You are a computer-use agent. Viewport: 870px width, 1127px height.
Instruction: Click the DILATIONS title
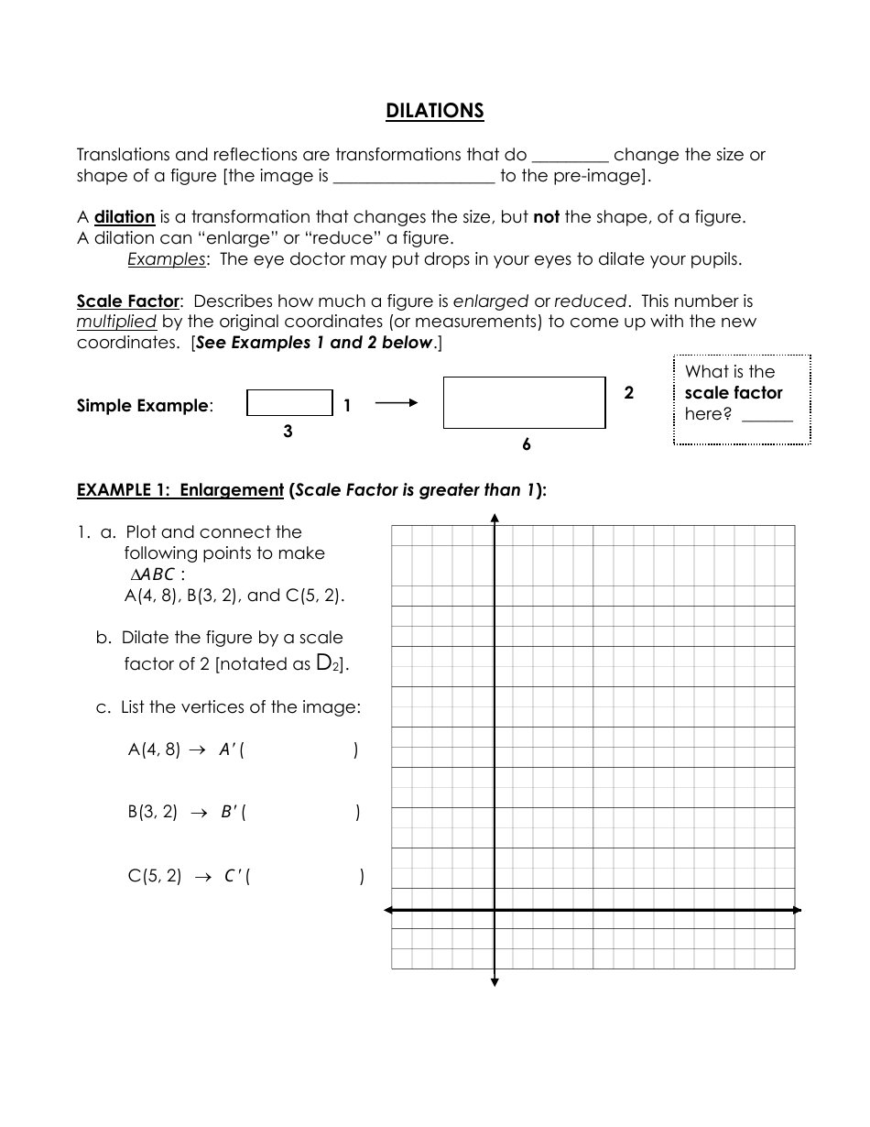[434, 111]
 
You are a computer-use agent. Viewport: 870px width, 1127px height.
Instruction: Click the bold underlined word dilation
[125, 217]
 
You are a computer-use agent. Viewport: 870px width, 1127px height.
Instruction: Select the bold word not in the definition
[546, 217]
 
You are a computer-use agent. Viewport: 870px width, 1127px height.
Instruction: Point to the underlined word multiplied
[116, 322]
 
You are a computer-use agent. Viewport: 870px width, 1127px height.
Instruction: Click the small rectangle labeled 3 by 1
[289, 403]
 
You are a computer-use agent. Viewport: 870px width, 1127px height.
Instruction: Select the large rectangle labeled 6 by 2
[524, 403]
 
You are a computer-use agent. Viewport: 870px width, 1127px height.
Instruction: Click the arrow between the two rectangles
[396, 403]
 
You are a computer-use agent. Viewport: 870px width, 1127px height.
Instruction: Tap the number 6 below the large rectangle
[526, 444]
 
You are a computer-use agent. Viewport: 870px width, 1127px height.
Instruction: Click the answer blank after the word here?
[767, 415]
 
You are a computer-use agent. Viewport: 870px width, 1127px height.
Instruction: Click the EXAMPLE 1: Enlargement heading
[180, 490]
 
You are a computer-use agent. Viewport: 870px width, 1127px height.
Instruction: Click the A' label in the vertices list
[228, 750]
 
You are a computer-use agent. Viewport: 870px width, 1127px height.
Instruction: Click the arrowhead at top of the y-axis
[495, 519]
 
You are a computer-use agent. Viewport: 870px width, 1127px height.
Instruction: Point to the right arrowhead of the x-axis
[797, 910]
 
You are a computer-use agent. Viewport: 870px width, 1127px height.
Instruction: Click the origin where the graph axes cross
[495, 910]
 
